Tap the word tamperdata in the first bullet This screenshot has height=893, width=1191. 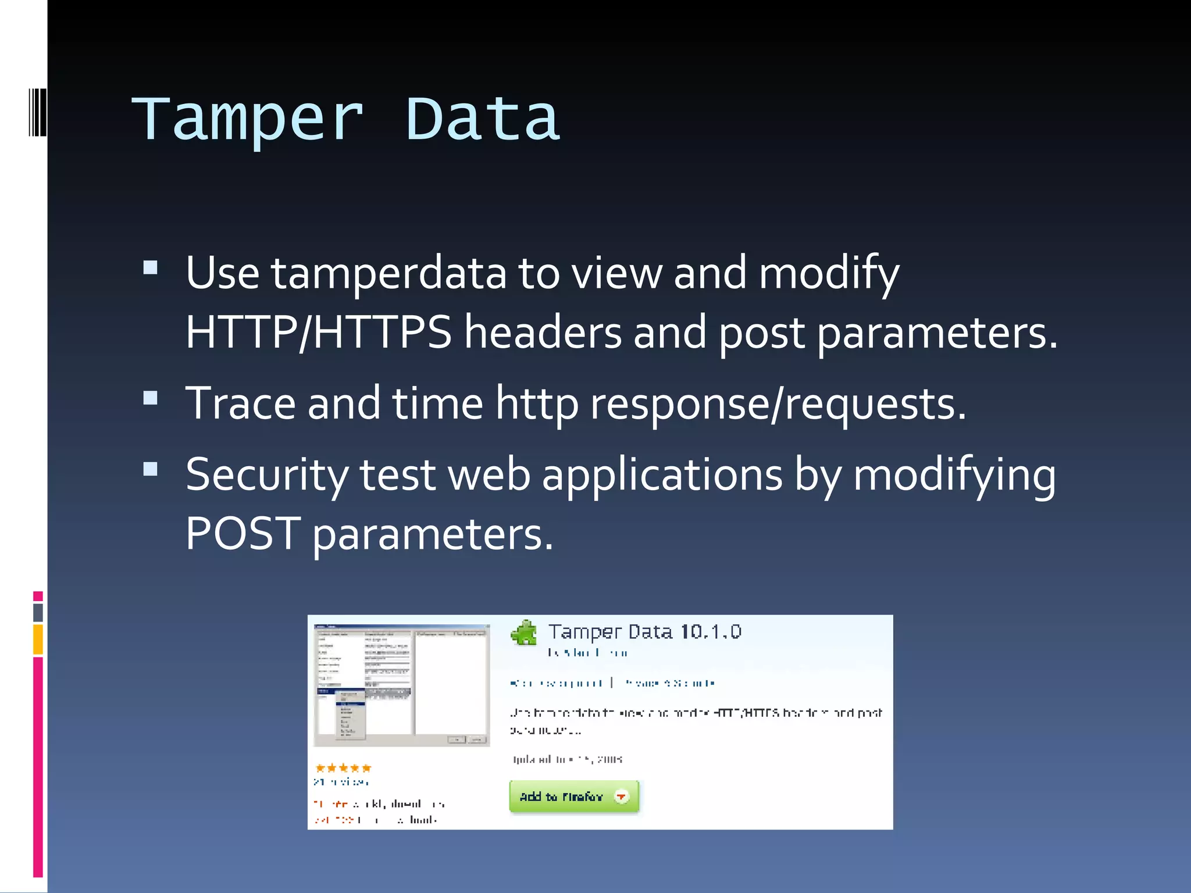click(388, 273)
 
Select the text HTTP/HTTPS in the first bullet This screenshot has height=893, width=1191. click(318, 333)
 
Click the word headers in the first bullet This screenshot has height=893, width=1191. click(543, 333)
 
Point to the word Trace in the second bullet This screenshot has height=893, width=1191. click(240, 403)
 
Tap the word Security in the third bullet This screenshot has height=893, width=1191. click(266, 476)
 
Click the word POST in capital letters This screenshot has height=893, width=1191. click(243, 534)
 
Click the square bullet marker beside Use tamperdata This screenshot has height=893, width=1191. click(151, 267)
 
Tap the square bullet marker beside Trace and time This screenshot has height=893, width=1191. click(151, 398)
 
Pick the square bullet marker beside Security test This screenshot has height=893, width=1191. click(151, 469)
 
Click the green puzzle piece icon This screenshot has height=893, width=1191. click(525, 633)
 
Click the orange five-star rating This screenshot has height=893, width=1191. click(343, 768)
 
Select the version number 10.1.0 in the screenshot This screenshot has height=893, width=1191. click(711, 632)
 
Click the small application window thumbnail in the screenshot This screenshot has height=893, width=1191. click(401, 685)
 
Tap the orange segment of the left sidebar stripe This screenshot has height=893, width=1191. click(38, 639)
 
